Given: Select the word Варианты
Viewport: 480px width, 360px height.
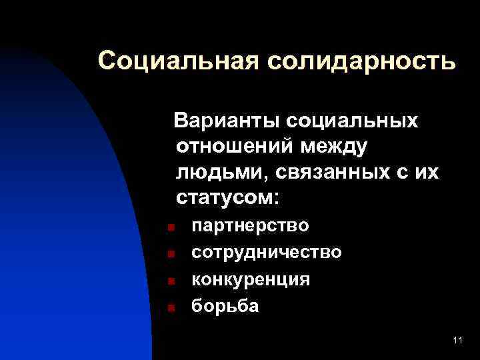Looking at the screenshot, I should coord(226,122).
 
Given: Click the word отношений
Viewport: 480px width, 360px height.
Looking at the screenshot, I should coord(236,147).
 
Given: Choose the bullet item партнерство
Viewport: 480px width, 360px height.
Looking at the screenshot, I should coord(250,225).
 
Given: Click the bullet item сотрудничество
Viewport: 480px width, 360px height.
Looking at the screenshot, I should coord(267,253).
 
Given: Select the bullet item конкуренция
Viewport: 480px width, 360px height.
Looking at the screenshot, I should coord(251,279).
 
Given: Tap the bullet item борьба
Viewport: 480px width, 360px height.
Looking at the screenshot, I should coord(225,306).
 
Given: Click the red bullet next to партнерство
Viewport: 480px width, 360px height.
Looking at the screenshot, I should coord(171,227).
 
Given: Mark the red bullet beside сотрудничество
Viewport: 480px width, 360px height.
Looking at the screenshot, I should coord(171,254).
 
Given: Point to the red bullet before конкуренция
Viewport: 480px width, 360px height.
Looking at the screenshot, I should coord(171,281).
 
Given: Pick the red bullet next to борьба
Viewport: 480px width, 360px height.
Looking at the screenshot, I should coord(171,308).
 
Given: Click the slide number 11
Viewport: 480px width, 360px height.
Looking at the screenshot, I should coord(457,341).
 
